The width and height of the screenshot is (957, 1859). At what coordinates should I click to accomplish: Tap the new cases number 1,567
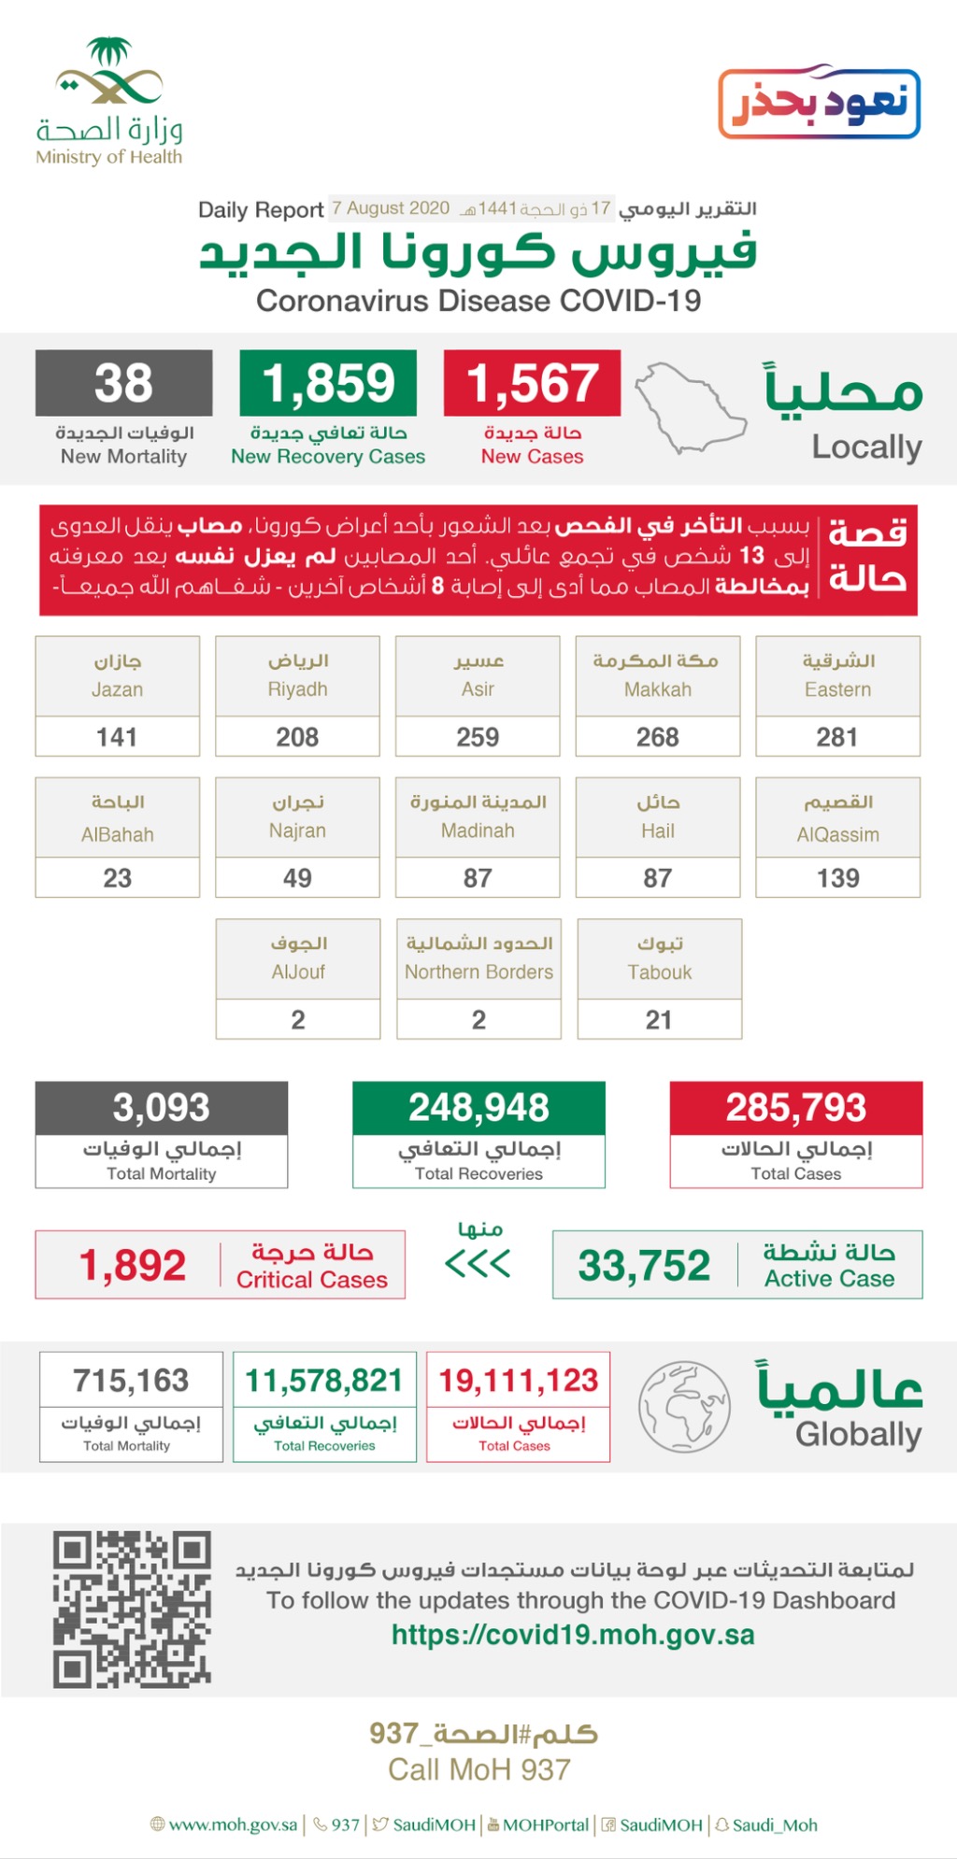point(532,383)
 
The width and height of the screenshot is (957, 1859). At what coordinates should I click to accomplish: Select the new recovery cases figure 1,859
point(328,383)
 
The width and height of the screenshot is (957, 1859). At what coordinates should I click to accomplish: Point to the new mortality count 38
point(123,383)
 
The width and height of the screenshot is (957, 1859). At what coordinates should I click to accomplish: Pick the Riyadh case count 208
point(297,737)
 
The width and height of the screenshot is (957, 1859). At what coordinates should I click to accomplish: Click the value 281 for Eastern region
point(837,737)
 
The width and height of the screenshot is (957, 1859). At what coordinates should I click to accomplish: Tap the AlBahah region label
point(117,817)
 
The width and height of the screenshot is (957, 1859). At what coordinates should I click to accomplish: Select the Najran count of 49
point(297,878)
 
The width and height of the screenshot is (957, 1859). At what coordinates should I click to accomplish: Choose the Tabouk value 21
point(659,1019)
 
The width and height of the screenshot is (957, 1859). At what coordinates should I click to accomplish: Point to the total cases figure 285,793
point(796,1108)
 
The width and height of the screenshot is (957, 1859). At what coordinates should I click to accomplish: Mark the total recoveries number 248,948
point(478,1108)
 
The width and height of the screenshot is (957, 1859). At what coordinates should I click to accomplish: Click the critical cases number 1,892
point(133,1266)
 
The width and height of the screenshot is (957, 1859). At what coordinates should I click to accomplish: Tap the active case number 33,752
point(644,1266)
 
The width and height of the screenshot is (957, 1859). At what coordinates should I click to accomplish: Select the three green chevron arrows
point(478,1265)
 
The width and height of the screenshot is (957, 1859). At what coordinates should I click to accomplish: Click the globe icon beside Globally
point(684,1406)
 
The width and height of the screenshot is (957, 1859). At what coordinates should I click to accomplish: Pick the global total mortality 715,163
point(131,1380)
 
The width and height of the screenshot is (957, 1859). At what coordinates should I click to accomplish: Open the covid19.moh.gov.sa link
point(573,1635)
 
